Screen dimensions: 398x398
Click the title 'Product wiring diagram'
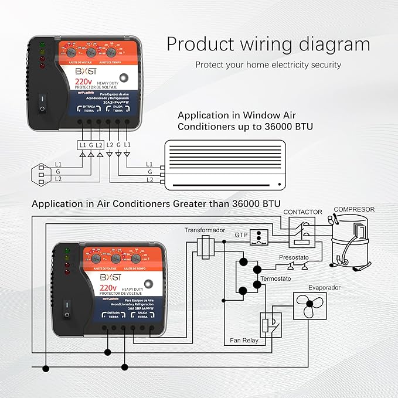pos(268,45)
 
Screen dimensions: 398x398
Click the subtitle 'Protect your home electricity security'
pos(268,64)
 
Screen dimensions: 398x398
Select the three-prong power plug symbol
pos(39,172)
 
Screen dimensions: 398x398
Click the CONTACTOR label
pos(302,212)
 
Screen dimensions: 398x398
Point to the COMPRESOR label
pos(353,209)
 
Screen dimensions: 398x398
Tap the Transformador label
pos(205,230)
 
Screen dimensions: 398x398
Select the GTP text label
pos(241,234)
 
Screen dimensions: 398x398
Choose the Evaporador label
pos(324,288)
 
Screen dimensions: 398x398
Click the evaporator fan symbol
pos(309,307)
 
